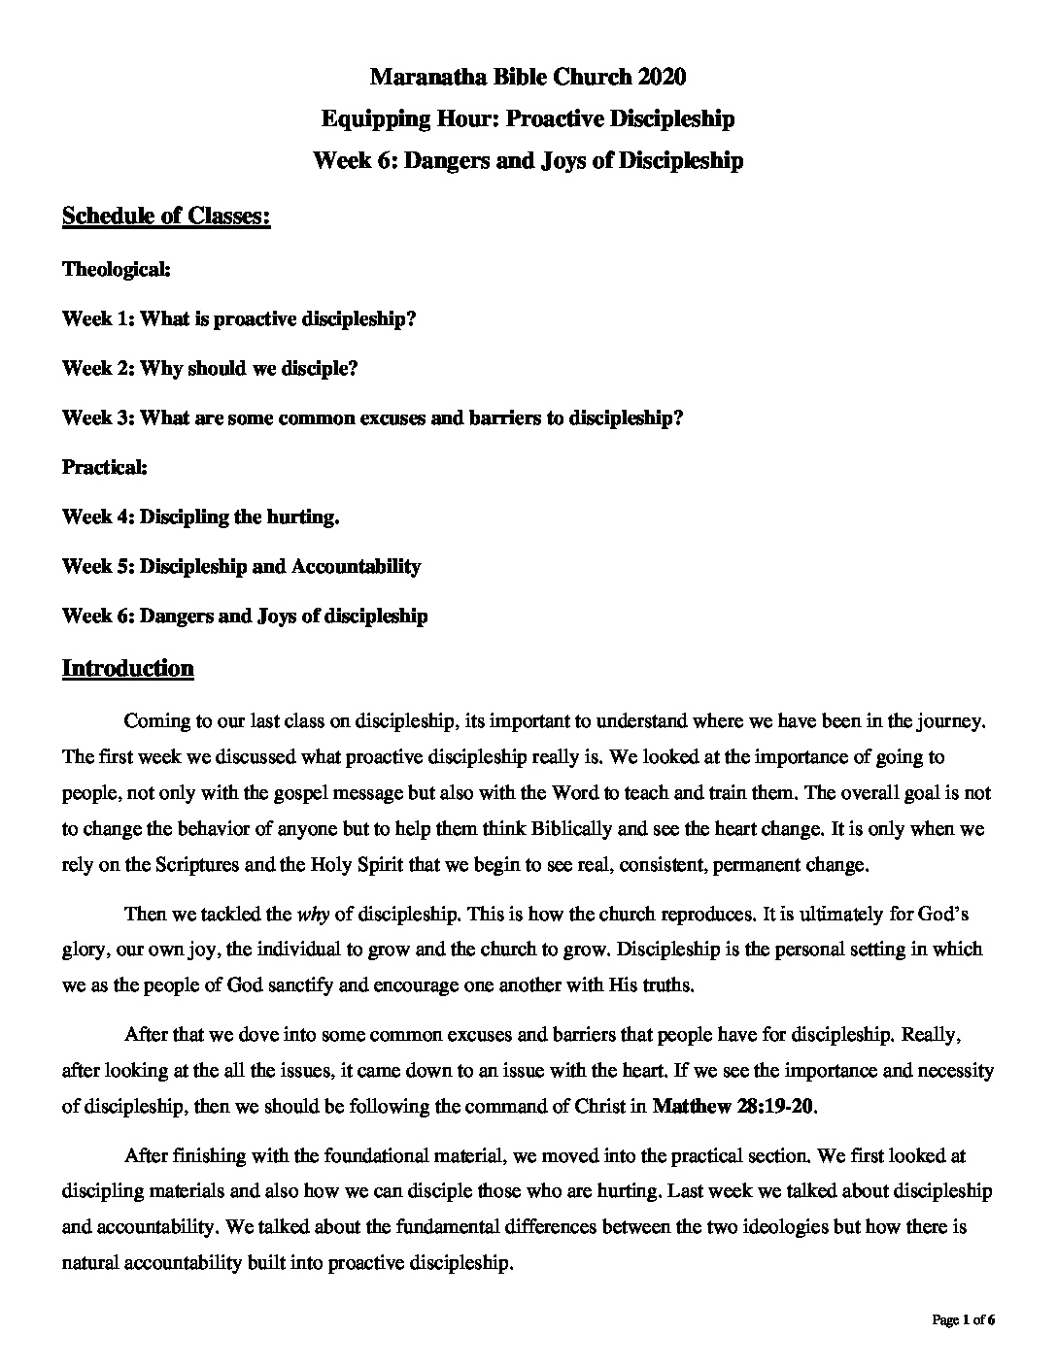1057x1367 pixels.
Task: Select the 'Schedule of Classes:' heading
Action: coord(166,216)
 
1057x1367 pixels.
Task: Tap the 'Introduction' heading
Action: coord(127,668)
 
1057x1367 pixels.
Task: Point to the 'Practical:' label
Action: coord(105,467)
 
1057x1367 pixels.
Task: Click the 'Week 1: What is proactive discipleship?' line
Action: coord(239,318)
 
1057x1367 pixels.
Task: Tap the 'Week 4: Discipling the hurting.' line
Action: coord(201,517)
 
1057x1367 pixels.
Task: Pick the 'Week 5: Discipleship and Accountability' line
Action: coord(241,566)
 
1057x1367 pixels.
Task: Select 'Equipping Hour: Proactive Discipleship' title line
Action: coord(528,118)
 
